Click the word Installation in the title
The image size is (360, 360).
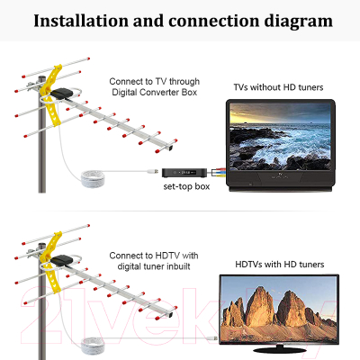(81, 21)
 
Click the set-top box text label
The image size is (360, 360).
(186, 186)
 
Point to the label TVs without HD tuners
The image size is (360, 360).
(278, 87)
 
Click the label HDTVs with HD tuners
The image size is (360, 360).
(280, 265)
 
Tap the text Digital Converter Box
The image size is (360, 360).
(155, 93)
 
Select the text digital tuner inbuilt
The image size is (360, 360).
(154, 266)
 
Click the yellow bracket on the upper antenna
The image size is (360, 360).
(51, 94)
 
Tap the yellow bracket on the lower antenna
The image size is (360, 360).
(51, 262)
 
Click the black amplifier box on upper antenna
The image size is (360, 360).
(61, 94)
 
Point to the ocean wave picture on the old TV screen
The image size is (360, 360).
(280, 137)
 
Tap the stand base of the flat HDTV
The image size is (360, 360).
(280, 349)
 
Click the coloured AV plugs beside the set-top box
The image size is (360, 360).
(218, 173)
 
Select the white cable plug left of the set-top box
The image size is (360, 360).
(153, 172)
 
